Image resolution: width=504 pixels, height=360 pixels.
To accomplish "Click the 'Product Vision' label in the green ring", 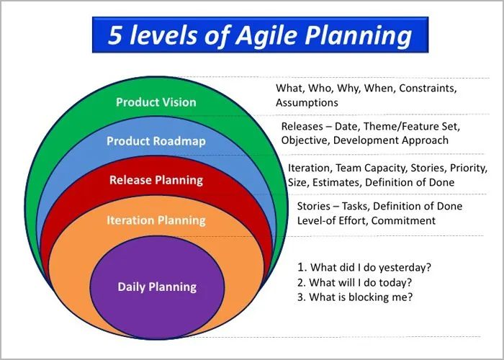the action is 156,102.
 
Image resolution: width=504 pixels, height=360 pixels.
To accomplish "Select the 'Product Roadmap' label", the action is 156,141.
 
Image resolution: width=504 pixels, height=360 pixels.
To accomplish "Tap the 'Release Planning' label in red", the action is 156,180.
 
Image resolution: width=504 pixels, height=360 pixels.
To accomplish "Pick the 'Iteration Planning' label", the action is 156,220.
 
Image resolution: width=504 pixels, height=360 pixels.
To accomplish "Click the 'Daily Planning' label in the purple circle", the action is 157,287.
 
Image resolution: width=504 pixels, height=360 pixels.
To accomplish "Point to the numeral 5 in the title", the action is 115,35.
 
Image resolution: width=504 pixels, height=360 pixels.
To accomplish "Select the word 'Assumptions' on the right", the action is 307,103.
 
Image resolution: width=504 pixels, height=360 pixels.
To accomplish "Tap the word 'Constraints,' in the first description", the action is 428,88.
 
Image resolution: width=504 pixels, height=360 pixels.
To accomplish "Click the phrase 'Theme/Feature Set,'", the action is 412,126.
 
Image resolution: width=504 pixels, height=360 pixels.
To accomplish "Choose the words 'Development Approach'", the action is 390,140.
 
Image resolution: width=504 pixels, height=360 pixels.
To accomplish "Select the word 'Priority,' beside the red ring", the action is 469,168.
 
